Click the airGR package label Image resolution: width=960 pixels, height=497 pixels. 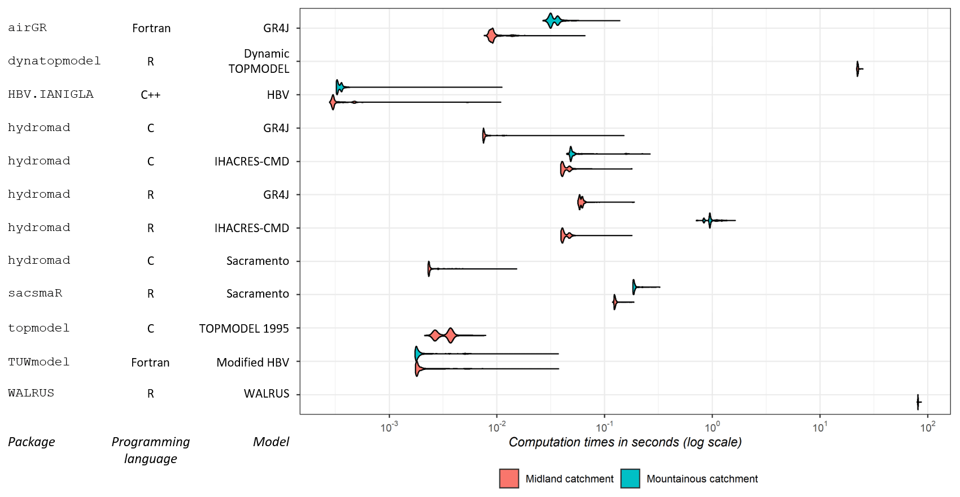pos(27,28)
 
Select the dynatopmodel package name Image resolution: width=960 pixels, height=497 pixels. pos(54,61)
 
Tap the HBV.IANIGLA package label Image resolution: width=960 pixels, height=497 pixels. pos(51,94)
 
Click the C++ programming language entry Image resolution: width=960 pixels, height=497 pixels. pos(151,95)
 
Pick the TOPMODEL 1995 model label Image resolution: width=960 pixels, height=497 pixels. pos(244,329)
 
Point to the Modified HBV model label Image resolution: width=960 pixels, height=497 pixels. pos(252,363)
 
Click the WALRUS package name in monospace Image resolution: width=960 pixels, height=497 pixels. pos(31,393)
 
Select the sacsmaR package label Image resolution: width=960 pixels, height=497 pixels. pos(35,293)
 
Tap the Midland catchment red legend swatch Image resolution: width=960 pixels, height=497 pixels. pos(509,478)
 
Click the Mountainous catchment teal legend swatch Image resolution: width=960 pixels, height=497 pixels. pos(630,478)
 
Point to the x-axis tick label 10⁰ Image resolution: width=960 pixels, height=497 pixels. pos(712,427)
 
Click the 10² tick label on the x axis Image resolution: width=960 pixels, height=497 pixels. pos(927,427)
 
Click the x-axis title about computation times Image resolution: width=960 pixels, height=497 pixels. pos(625,442)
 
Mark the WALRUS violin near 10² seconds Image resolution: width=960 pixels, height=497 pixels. pos(918,402)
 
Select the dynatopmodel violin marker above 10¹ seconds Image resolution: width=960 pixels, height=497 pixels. pos(858,69)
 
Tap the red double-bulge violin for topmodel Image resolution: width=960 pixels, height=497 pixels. pos(443,335)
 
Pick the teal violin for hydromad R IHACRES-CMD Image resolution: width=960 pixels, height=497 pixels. pos(710,220)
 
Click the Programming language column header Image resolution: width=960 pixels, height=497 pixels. pos(150,450)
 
